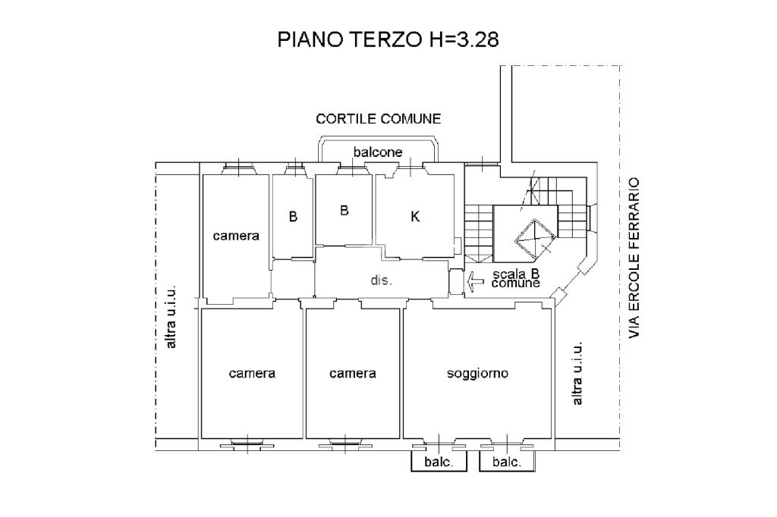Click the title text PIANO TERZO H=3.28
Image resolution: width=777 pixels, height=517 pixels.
[388, 39]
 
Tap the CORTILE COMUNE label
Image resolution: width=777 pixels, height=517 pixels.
[379, 119]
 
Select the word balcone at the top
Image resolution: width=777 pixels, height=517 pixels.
[378, 152]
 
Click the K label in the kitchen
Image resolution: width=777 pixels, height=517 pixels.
[415, 216]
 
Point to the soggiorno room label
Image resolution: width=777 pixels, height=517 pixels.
[478, 374]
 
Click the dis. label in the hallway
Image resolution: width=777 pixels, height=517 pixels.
[381, 280]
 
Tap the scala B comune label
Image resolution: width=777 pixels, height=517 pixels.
[516, 278]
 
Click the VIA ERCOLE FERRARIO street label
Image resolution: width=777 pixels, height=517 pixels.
[634, 258]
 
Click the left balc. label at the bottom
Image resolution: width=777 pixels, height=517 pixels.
[439, 462]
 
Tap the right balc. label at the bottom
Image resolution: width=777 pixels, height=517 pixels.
[507, 462]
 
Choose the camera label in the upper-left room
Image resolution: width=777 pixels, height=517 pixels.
[236, 236]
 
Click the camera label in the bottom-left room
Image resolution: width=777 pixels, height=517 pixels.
[252, 374]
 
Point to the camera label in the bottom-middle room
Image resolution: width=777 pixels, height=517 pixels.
[352, 374]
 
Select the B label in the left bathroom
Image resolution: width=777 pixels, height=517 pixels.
[294, 216]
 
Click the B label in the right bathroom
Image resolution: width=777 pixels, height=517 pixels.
[344, 211]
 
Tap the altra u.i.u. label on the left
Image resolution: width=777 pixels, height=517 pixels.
[171, 318]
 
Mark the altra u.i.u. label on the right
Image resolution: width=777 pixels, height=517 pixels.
[577, 374]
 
